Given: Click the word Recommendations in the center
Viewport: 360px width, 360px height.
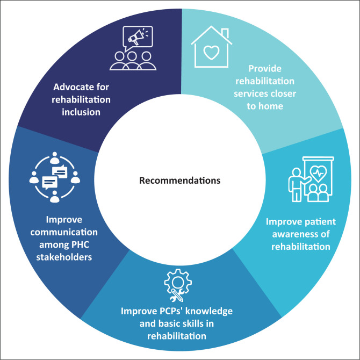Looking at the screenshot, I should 179,180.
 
